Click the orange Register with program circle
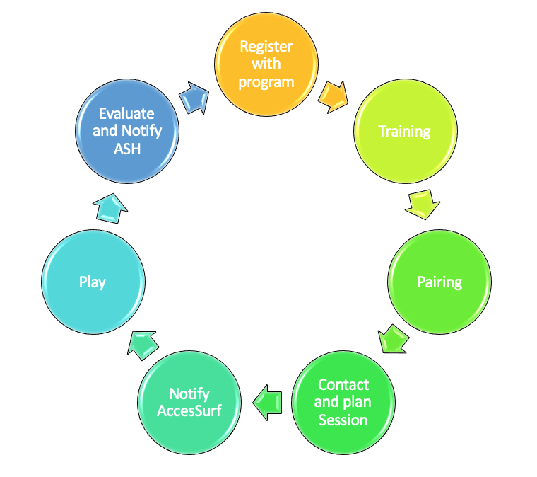[x=266, y=64]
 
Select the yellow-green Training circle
[x=405, y=131]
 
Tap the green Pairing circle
[x=439, y=282]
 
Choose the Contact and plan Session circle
[x=343, y=403]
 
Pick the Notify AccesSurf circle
[x=189, y=403]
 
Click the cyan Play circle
[x=93, y=282]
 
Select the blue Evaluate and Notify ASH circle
[x=127, y=131]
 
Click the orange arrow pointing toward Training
[x=333, y=97]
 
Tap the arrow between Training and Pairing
[x=423, y=205]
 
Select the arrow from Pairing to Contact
[x=393, y=339]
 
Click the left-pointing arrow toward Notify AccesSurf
[x=267, y=403]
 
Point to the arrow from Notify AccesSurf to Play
[x=143, y=345]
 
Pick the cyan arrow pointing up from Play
[x=110, y=209]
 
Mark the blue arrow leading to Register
[x=194, y=98]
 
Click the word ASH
[x=127, y=149]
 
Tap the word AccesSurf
[x=189, y=410]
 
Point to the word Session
[x=343, y=420]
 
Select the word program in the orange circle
[x=266, y=83]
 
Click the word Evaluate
[x=126, y=113]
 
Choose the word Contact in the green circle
[x=343, y=385]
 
